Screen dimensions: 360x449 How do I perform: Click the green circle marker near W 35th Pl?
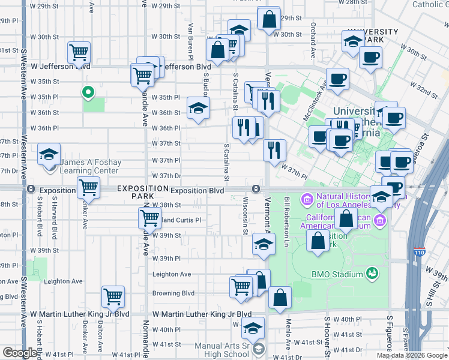point(88,92)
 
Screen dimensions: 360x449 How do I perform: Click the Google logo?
point(20,353)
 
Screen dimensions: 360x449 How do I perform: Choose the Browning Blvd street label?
point(173,293)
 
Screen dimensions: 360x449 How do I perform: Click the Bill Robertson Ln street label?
point(287,217)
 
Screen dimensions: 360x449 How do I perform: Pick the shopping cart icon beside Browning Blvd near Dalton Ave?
point(112,296)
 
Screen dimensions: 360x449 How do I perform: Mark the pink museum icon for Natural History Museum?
point(307,198)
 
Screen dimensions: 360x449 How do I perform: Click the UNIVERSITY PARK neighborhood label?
point(373,35)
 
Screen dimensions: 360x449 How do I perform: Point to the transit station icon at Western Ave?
point(30,190)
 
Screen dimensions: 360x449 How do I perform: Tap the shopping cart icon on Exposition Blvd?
point(88,187)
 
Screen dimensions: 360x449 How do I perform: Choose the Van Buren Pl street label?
point(190,37)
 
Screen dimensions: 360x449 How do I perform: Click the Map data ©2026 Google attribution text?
point(412,355)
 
